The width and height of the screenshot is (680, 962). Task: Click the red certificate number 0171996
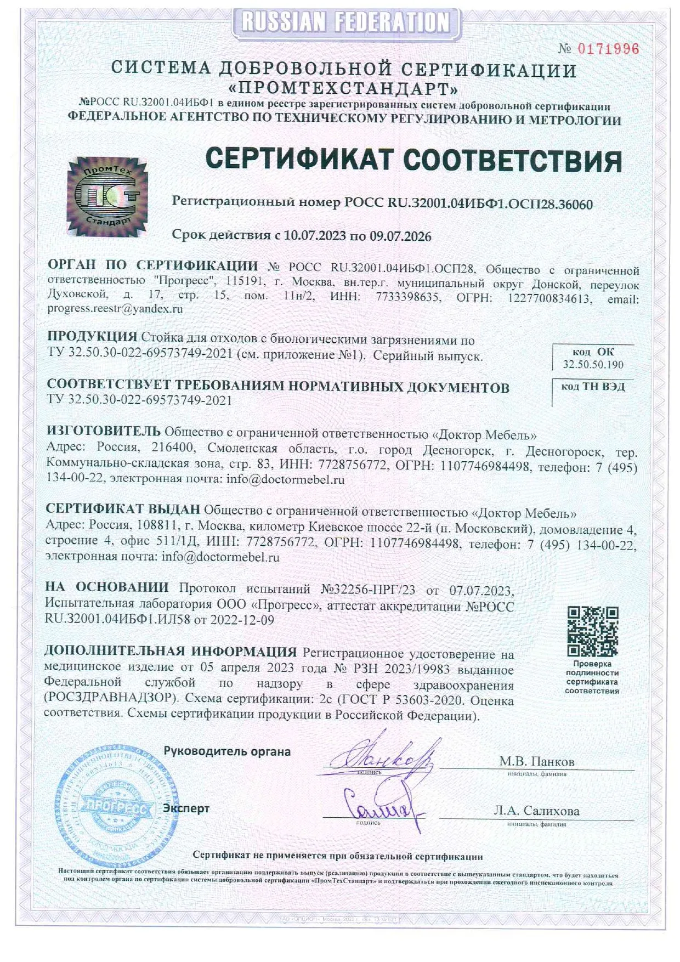[608, 49]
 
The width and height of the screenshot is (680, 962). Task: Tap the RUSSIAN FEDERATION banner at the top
[345, 22]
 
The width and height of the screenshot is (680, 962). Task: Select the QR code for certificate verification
[592, 631]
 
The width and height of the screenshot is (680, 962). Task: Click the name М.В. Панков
[536, 761]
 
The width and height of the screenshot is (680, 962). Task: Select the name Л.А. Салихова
[536, 811]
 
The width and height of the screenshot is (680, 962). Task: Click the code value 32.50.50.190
[593, 365]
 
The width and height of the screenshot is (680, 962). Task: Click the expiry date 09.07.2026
[400, 236]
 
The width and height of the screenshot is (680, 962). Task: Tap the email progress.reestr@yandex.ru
[115, 308]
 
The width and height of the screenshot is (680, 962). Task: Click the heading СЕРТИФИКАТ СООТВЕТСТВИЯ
[413, 160]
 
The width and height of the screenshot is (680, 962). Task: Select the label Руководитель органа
[227, 751]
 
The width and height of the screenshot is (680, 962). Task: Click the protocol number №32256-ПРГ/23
[368, 590]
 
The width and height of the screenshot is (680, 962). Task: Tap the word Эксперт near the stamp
[186, 808]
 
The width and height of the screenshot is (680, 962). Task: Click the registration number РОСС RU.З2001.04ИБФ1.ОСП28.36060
[468, 204]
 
